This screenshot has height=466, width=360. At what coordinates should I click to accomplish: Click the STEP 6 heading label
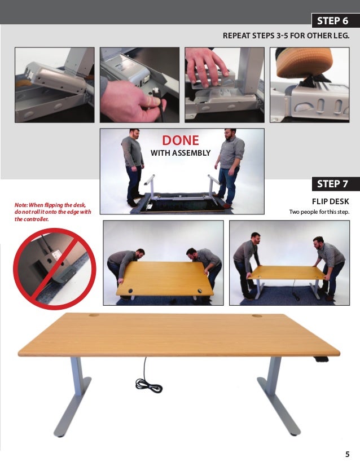point(332,21)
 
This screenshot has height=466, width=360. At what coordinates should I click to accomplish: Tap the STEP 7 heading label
point(332,184)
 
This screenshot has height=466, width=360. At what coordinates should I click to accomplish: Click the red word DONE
point(181,140)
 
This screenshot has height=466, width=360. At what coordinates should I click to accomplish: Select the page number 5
point(347,454)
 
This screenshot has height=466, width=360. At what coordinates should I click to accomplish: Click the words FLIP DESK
point(330,201)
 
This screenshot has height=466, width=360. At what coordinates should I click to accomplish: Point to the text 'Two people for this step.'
point(319,212)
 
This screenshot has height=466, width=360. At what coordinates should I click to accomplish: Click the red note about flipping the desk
point(53,212)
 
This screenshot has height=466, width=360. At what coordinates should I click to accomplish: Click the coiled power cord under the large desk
point(148,385)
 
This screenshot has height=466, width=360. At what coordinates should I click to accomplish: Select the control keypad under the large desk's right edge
point(322,359)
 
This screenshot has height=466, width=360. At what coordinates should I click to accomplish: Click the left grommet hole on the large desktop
point(94,315)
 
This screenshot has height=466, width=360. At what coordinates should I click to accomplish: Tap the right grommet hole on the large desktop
point(257,315)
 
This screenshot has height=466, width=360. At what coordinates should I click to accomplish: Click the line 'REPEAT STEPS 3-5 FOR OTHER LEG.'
point(286,36)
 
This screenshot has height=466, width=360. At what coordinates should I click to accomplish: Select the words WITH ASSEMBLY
point(181,153)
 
